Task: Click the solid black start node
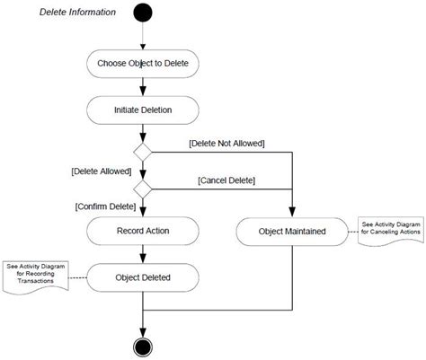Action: (143, 13)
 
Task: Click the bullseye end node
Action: (143, 347)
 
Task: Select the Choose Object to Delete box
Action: (143, 64)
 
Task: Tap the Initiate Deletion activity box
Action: (143, 110)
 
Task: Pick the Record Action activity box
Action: (143, 231)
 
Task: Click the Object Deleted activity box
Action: (143, 277)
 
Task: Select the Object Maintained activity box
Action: (292, 232)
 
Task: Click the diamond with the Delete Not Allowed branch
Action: (143, 153)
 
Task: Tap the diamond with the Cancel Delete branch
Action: (143, 189)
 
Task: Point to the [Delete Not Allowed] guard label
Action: (226, 144)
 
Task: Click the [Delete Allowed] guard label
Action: (102, 171)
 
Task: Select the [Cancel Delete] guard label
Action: (226, 180)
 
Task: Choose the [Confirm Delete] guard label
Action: (105, 206)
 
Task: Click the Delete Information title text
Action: (77, 13)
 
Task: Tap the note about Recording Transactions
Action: (36, 277)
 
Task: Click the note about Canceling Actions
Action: (391, 232)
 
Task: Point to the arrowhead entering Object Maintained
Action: (292, 212)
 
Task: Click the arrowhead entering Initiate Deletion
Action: (143, 91)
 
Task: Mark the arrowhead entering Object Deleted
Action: (143, 259)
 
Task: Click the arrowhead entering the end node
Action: (143, 332)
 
